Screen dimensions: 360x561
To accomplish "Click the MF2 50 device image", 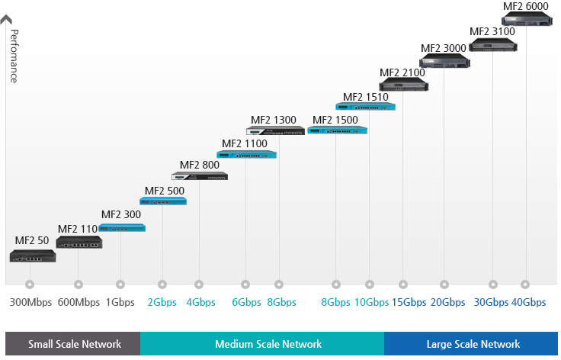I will point(33,256).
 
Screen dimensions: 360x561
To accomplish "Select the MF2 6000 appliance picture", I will point(526,18).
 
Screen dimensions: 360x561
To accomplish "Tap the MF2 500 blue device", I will point(163,201).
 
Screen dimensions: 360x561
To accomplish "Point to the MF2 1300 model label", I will point(274,120).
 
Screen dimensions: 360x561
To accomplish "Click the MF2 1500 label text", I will point(335,120).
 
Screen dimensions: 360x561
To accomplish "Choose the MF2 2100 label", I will point(402,72).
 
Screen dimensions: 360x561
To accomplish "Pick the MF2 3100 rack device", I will point(493,45).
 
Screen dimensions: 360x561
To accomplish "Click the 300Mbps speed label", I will point(30,302).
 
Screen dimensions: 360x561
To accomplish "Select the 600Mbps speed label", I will point(79,302).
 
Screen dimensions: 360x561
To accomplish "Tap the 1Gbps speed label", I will point(120,302).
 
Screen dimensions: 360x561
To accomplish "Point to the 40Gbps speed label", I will point(528,302).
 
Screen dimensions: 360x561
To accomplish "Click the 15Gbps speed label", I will point(409,302).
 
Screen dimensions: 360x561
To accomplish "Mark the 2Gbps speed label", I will point(162,302).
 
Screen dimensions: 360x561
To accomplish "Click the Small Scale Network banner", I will point(72,344).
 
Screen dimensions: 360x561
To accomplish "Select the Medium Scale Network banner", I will point(263,344).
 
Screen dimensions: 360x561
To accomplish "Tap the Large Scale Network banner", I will point(473,344).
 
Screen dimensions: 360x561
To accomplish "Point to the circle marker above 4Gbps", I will point(200,284).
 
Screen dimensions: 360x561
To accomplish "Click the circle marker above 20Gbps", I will point(447,284).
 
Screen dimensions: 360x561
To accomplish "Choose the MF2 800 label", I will point(199,164).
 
